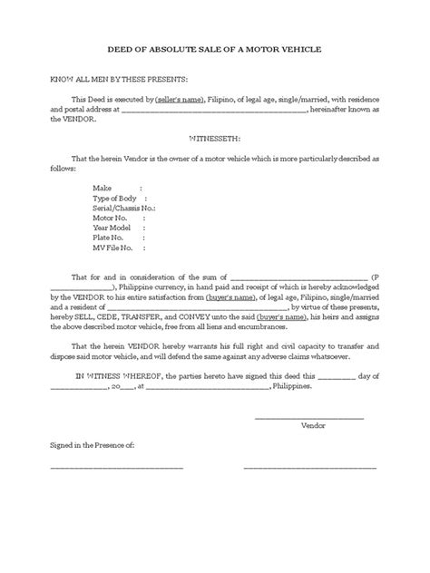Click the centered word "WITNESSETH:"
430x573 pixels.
[215, 140]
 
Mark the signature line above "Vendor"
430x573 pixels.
[309, 417]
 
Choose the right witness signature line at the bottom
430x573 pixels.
[310, 468]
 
